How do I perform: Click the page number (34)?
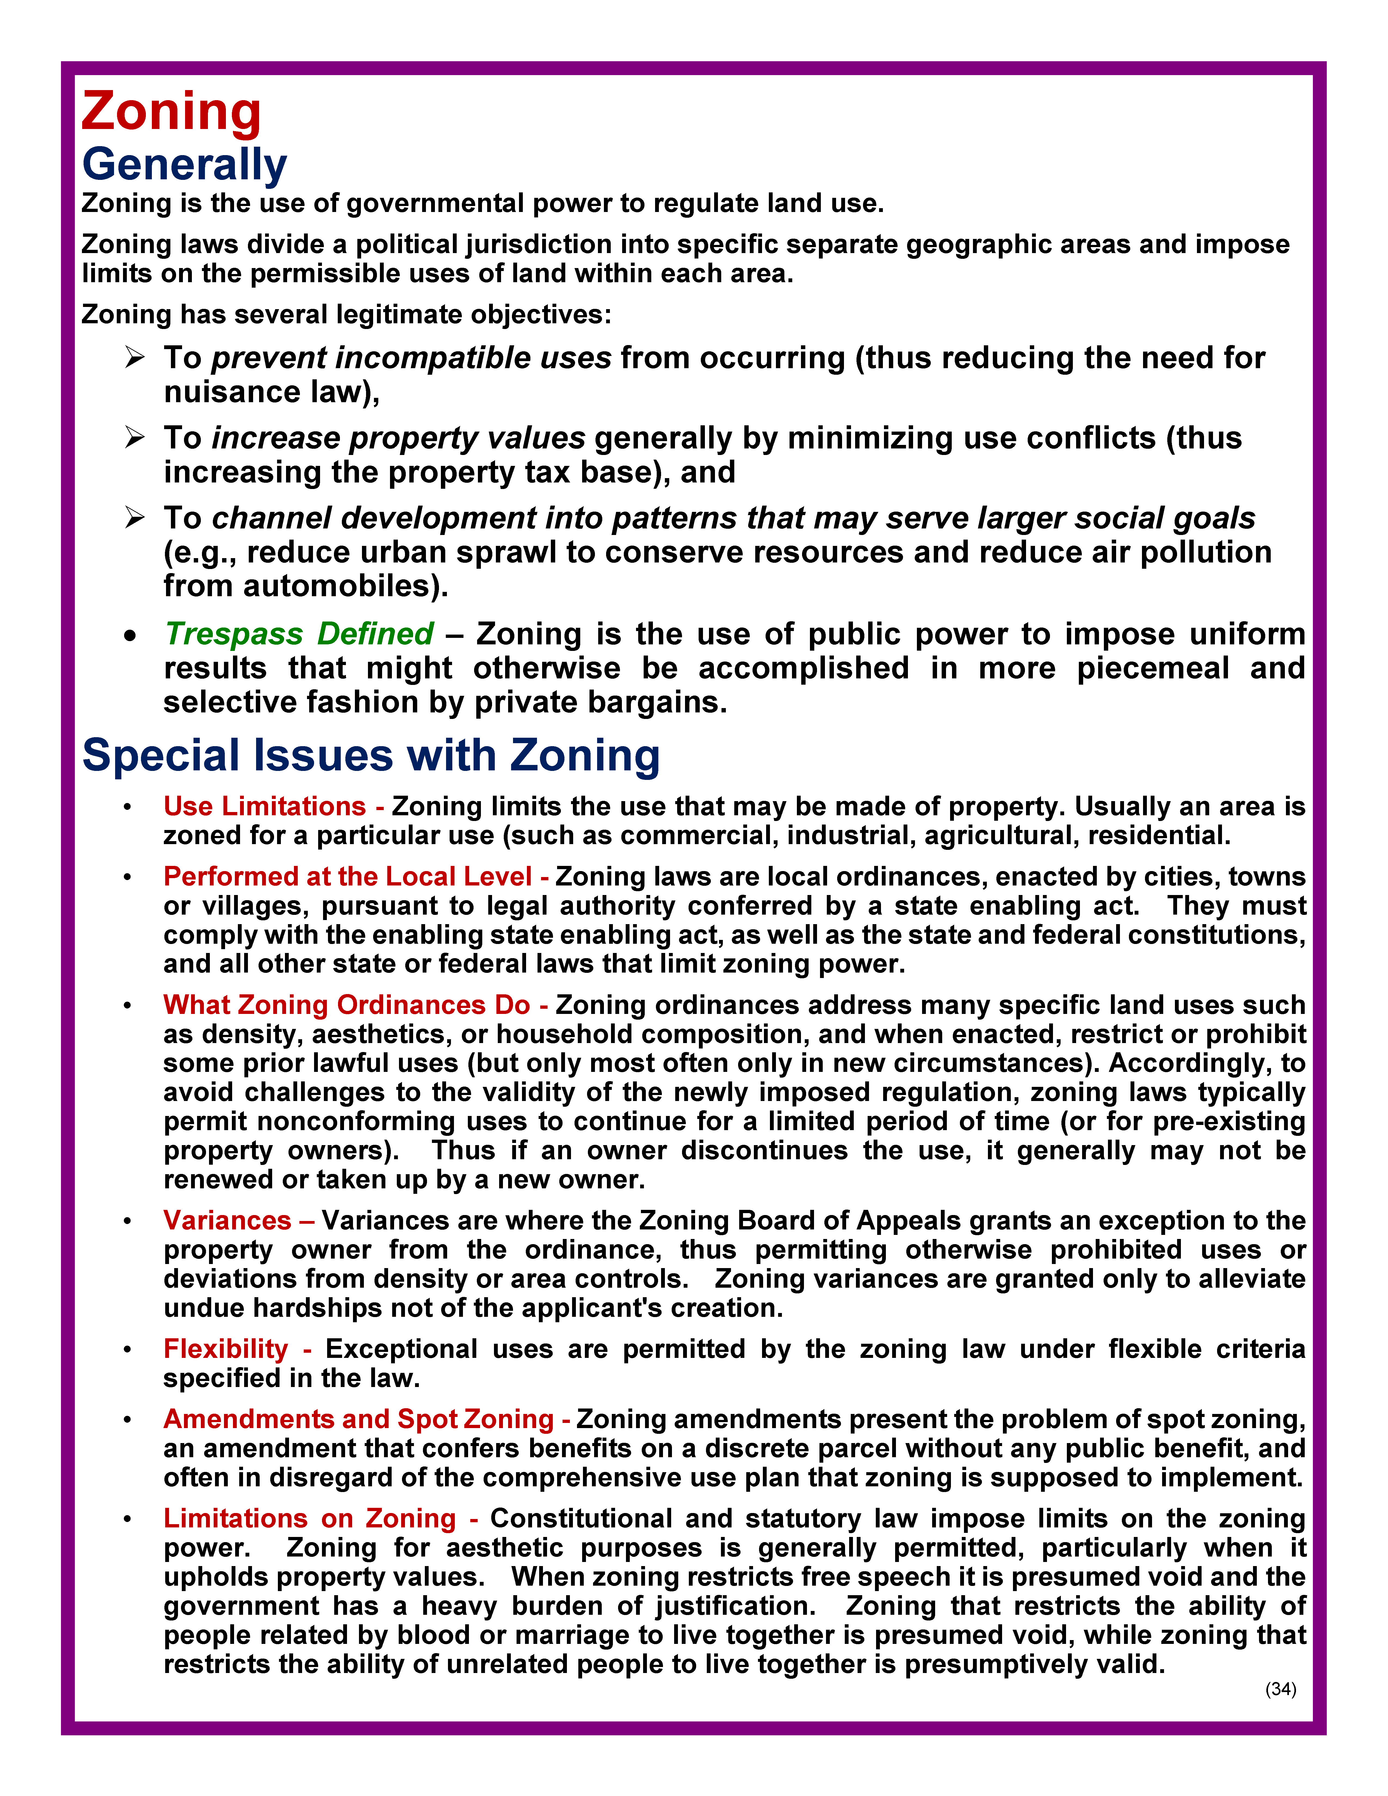click(x=1280, y=1689)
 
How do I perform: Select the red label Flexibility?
click(x=226, y=1349)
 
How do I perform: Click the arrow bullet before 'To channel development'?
click(x=135, y=518)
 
